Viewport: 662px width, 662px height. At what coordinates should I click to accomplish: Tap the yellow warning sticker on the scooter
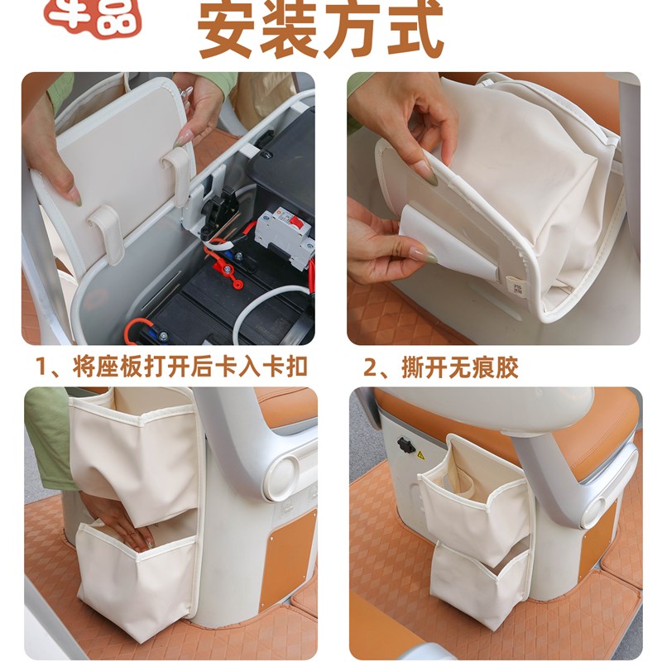point(420,454)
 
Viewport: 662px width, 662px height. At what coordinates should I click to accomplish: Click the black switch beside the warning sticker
point(405,444)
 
